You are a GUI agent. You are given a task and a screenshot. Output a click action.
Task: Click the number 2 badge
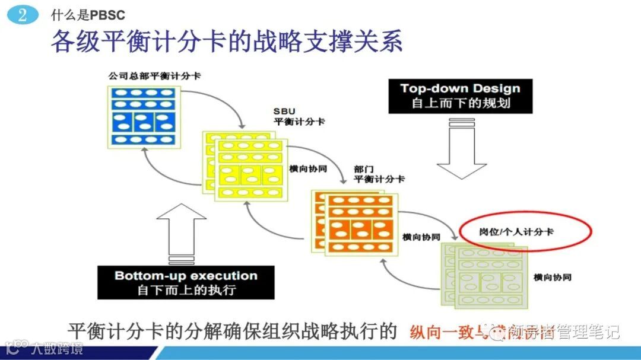pyautogui.click(x=23, y=15)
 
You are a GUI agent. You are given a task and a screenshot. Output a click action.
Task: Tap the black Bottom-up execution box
pyautogui.click(x=186, y=282)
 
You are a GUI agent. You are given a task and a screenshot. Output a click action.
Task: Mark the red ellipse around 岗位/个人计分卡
pyautogui.click(x=526, y=231)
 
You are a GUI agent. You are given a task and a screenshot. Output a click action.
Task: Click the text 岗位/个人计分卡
pyautogui.click(x=516, y=231)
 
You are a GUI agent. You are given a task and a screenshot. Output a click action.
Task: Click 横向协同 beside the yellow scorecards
pyautogui.click(x=307, y=168)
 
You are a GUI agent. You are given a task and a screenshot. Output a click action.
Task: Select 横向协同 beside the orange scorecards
pyautogui.click(x=421, y=237)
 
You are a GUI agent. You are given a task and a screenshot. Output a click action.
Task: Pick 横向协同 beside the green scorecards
pyautogui.click(x=552, y=277)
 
